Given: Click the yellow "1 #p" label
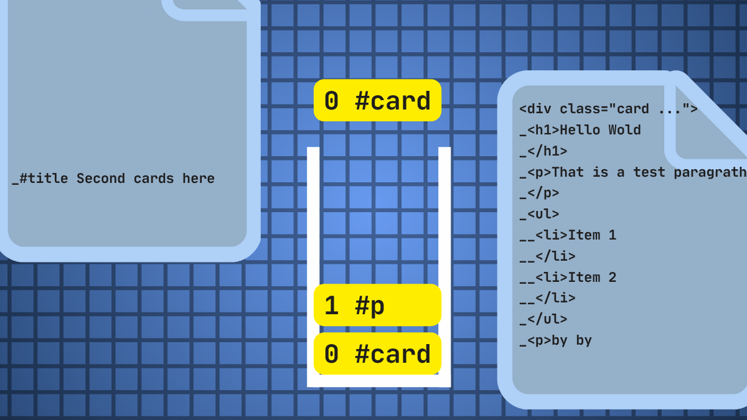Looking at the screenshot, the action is (377, 305).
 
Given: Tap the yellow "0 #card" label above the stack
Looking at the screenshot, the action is (377, 100).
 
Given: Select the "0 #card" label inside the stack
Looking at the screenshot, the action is (377, 353).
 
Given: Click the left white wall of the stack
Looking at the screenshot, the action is (313, 267).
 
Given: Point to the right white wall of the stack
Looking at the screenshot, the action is (444, 267).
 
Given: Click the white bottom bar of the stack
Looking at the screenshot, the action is (379, 381).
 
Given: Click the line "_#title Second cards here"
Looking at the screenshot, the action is (113, 179).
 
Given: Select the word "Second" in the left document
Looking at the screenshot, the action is (101, 179).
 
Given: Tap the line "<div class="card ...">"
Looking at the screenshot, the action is (608, 109).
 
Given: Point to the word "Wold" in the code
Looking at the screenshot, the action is (624, 129).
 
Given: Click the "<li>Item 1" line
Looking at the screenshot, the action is (568, 235).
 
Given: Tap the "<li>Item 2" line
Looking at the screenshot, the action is (568, 278).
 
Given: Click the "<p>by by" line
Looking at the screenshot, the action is (555, 341).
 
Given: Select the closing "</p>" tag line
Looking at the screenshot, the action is (539, 194).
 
